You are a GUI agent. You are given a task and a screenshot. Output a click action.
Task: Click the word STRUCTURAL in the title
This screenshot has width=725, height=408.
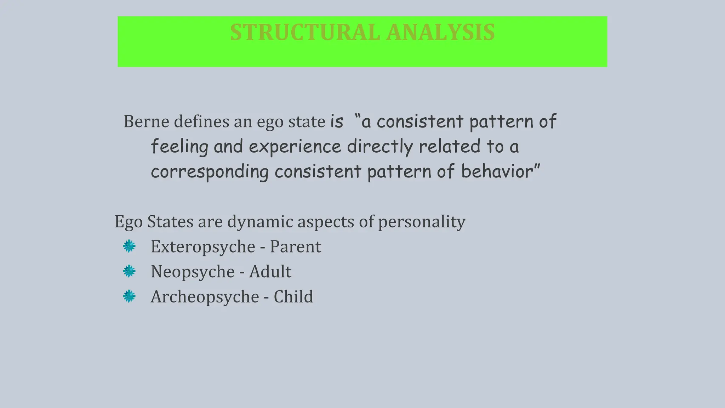click(x=305, y=33)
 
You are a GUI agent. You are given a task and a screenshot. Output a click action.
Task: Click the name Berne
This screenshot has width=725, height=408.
click(x=146, y=122)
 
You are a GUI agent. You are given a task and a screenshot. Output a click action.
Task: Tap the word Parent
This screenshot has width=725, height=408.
click(x=295, y=246)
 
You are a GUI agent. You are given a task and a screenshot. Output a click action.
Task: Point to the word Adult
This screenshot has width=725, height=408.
click(x=270, y=272)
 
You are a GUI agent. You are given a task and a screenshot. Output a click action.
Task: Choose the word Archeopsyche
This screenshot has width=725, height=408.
click(x=205, y=297)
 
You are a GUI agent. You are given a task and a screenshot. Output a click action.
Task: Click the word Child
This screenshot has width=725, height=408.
click(x=293, y=296)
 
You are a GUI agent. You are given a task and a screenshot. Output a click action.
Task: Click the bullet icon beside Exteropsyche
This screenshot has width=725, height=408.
click(x=129, y=246)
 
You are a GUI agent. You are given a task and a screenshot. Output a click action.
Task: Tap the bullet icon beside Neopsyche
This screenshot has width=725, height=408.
click(x=129, y=271)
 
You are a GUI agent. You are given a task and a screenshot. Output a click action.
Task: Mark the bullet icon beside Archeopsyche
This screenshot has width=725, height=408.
click(x=129, y=296)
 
